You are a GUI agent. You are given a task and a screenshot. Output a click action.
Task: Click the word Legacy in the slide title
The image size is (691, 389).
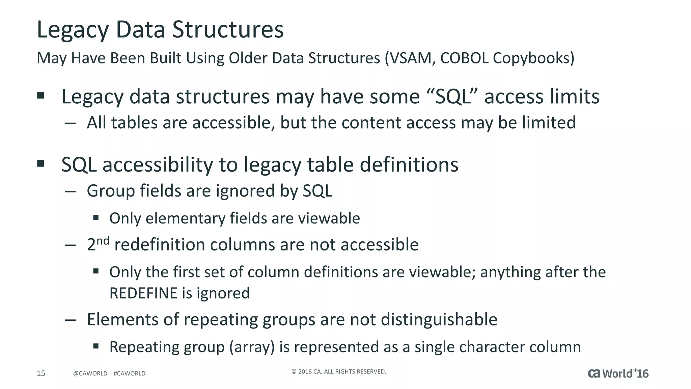(73, 30)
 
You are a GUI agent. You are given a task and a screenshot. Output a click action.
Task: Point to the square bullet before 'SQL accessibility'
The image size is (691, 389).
(41, 164)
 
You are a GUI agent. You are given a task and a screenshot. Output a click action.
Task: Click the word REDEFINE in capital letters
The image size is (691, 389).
(143, 293)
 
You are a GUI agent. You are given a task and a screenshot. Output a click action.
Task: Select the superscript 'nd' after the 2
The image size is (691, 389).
(103, 241)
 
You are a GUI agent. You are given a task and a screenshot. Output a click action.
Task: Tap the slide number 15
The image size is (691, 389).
(41, 373)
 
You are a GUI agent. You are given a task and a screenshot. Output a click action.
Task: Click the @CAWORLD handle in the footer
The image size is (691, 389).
(90, 373)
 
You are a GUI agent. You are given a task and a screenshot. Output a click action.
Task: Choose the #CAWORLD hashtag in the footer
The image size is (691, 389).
(130, 373)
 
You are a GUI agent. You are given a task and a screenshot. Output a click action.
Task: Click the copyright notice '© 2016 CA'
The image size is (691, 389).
(338, 372)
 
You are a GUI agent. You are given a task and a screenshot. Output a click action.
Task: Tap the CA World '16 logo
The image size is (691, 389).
(618, 373)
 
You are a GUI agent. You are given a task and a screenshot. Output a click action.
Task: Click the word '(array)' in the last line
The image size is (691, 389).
(252, 347)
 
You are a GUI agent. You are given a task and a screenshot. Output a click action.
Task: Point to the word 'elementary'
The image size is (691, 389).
(185, 218)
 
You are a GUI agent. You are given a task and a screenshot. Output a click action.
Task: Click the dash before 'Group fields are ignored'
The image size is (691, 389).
(70, 191)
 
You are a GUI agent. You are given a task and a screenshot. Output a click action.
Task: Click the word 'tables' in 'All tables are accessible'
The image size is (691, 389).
(134, 123)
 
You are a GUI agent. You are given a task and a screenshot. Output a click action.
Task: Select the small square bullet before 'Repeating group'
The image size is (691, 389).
(96, 346)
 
